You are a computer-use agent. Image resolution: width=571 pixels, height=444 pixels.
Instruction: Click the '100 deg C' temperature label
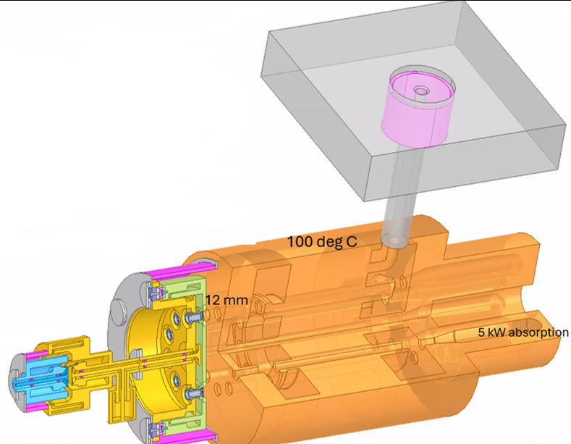tap(322, 242)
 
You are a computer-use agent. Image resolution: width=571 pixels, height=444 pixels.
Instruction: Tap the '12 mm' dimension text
tap(227, 301)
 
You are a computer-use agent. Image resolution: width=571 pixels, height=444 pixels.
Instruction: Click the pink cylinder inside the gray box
tap(415, 109)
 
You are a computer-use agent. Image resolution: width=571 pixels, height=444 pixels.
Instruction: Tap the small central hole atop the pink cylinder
tap(421, 90)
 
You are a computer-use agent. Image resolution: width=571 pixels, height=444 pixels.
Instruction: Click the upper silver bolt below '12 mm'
tap(193, 317)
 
